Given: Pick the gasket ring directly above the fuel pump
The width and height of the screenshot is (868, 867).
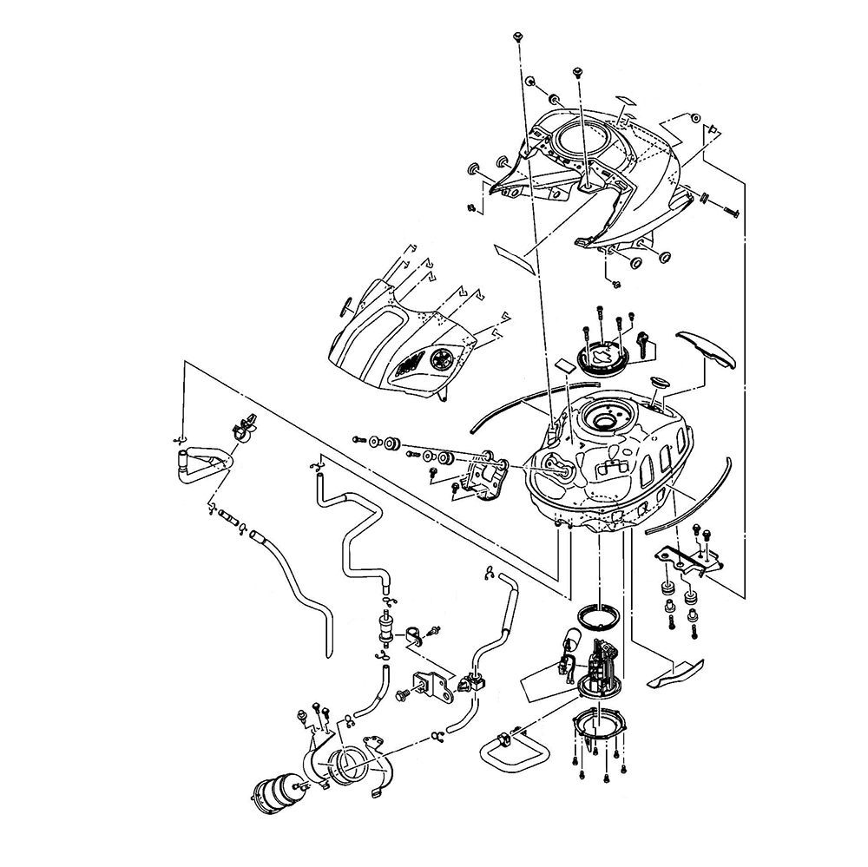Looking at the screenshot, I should [598, 614].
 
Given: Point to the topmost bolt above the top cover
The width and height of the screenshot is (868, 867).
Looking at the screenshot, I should [518, 36].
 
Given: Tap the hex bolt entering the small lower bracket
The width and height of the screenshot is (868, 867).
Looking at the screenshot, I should [404, 695].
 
